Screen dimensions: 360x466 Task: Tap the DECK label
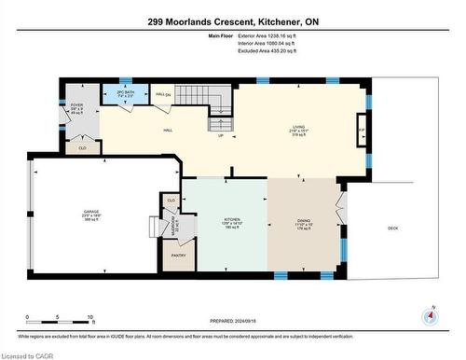[x=392, y=226]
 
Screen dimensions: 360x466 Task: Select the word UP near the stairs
[x=221, y=136]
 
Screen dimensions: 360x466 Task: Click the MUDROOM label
[x=173, y=224]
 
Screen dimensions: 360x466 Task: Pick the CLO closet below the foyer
[x=82, y=146]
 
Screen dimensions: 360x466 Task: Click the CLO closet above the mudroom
[x=171, y=200]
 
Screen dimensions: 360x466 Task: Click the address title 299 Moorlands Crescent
[x=232, y=21]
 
